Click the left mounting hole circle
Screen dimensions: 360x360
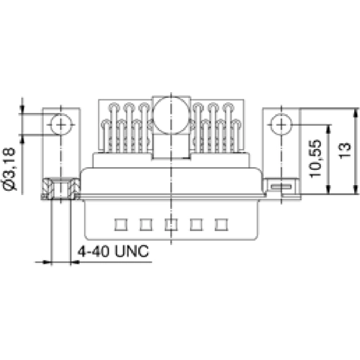[60, 125]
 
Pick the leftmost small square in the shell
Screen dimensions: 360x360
[119, 224]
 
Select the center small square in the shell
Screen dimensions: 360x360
[171, 224]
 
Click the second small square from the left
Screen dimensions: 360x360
[145, 224]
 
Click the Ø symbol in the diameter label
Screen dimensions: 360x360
[11, 185]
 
